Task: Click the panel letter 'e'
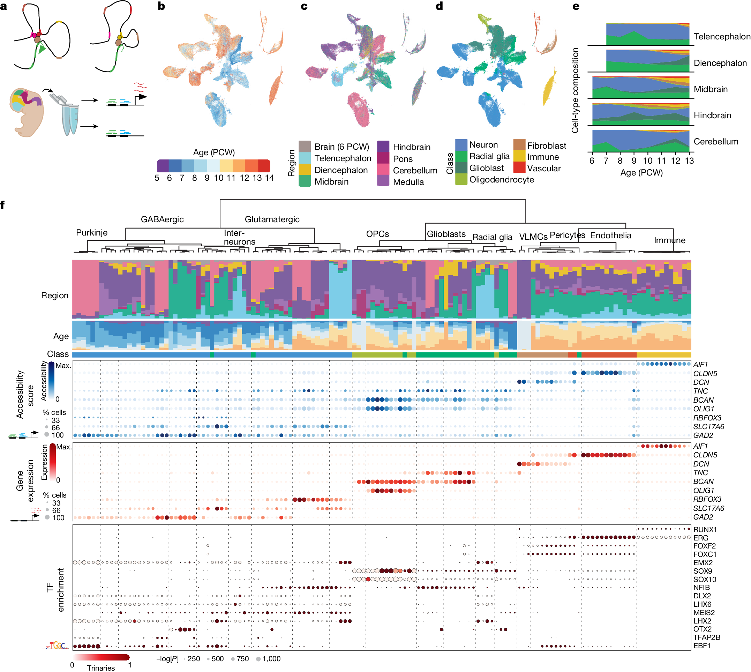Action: click(576, 6)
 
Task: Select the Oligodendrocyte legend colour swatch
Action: click(461, 179)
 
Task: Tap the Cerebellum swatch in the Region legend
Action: click(383, 170)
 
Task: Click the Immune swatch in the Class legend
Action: click(519, 156)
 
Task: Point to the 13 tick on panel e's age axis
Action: click(689, 160)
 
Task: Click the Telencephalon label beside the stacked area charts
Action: click(721, 37)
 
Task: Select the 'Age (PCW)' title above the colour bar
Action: click(214, 152)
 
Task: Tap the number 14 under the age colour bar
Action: click(269, 178)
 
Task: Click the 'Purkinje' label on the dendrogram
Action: click(91, 233)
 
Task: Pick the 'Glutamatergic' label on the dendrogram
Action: click(272, 219)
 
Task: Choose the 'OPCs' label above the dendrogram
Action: click(377, 234)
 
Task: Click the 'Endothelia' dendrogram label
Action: click(610, 235)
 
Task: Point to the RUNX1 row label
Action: click(705, 530)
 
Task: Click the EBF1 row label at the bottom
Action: click(701, 646)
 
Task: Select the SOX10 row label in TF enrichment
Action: click(705, 579)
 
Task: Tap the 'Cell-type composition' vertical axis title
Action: click(574, 90)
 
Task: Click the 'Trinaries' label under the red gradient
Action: click(101, 667)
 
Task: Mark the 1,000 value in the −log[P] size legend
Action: click(271, 659)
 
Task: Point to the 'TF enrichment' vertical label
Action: click(55, 590)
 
